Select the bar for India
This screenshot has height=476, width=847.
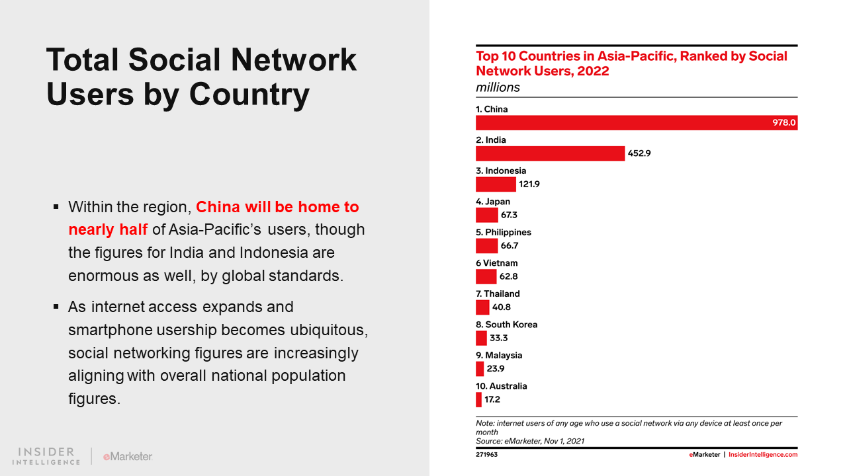[550, 153]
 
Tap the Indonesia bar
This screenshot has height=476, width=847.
[496, 184]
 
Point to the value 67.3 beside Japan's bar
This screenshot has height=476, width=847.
[509, 215]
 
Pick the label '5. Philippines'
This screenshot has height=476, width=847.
[504, 232]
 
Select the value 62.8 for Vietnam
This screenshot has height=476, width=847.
[508, 276]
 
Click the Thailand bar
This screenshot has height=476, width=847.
[482, 307]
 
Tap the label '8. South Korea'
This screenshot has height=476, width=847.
[506, 325]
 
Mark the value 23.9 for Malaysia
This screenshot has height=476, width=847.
[497, 369]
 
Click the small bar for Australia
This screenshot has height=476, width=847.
[478, 399]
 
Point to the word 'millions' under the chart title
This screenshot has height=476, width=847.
[498, 87]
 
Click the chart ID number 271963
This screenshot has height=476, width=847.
[486, 455]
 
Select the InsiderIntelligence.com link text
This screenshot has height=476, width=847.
[763, 455]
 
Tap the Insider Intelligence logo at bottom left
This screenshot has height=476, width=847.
[46, 456]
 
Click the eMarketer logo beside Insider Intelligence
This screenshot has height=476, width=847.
[128, 456]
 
